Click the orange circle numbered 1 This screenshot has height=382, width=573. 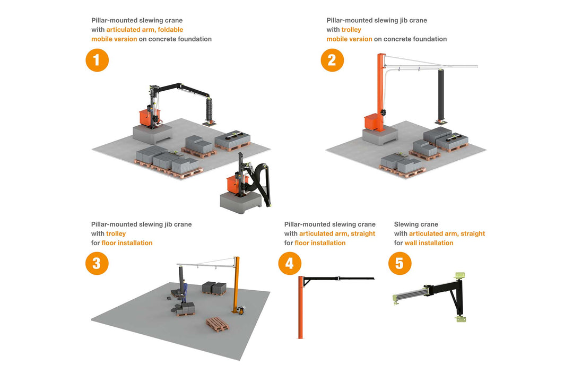click(x=97, y=60)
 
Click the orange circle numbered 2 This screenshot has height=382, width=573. click(x=332, y=60)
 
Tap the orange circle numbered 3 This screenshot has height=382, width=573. click(x=97, y=264)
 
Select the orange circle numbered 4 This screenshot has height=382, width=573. click(x=290, y=264)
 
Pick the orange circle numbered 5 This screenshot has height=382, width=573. click(x=400, y=264)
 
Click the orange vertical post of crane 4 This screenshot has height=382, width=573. click(x=301, y=308)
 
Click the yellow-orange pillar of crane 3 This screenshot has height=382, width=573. click(x=236, y=284)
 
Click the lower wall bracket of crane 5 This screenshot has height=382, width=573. click(x=459, y=319)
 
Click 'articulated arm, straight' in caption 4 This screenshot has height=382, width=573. click(x=337, y=234)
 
